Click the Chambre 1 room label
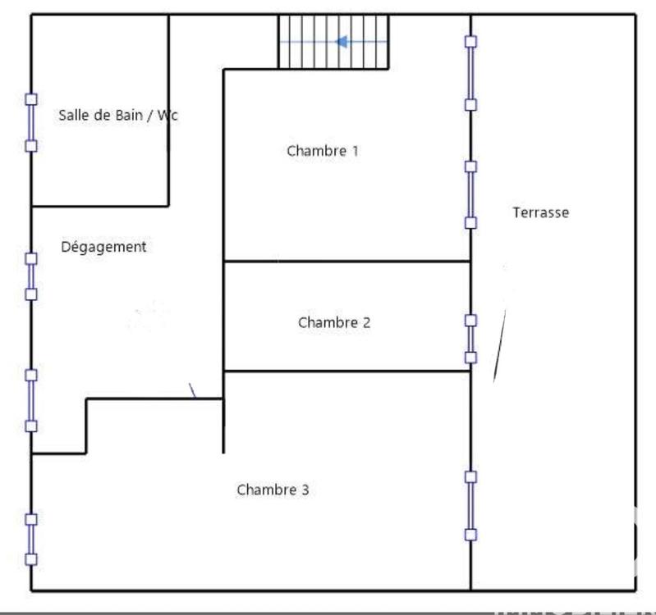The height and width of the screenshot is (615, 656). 323,151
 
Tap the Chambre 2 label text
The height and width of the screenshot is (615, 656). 333,322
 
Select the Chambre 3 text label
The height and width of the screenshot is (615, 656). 273,490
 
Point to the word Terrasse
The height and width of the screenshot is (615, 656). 540,212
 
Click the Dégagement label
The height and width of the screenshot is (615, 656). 103,247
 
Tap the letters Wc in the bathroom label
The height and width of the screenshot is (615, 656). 167,116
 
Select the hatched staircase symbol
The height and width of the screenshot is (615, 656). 333,42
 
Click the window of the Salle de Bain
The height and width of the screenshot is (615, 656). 31,122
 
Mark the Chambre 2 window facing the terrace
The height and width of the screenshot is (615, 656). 470,339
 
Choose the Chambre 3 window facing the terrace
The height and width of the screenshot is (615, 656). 470,505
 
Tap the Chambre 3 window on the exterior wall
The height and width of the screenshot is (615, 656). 31,539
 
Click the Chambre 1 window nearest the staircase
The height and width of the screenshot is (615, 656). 470,73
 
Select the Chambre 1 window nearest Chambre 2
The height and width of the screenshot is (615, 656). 470,194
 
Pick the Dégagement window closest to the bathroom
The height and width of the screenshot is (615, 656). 31,276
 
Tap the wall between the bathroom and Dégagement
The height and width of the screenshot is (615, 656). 99,205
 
